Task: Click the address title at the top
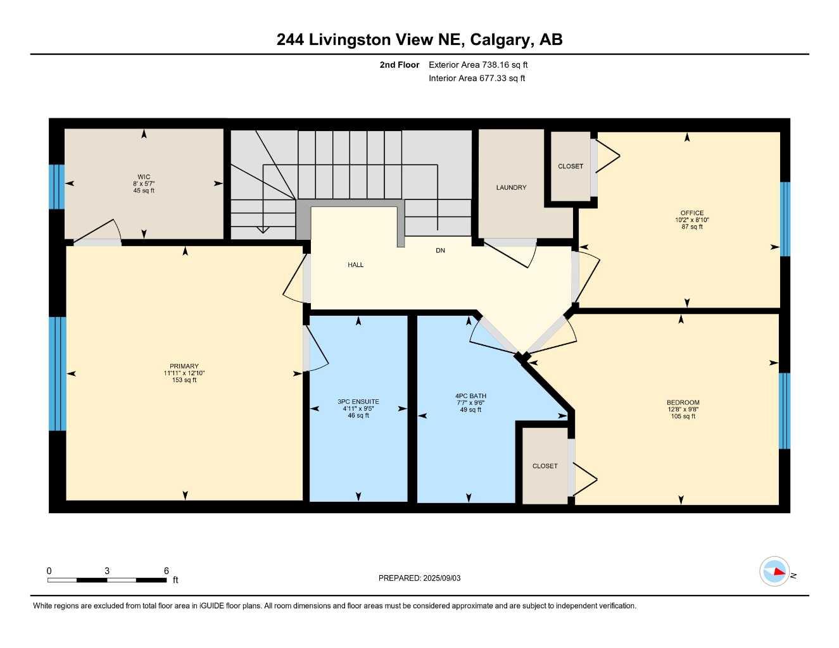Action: tap(419, 40)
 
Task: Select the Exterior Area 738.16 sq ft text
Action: tap(478, 65)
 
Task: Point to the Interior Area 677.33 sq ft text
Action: tap(477, 78)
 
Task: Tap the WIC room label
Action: tap(144, 177)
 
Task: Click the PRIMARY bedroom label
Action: tap(184, 366)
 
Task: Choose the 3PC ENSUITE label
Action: tap(358, 402)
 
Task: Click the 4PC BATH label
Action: tap(470, 396)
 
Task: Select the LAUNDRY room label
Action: tap(511, 188)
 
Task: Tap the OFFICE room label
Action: tap(692, 213)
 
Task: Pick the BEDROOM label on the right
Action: tap(683, 402)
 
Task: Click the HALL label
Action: tap(356, 265)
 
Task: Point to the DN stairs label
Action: tap(440, 251)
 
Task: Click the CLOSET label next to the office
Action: tap(571, 166)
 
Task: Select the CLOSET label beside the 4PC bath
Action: tap(545, 466)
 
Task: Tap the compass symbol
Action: tap(774, 572)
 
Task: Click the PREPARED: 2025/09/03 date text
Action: tap(419, 578)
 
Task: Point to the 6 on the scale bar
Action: tap(167, 571)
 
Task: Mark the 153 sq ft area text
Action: tap(184, 380)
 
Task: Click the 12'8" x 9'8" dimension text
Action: tap(683, 409)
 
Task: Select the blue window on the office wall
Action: tap(785, 219)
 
